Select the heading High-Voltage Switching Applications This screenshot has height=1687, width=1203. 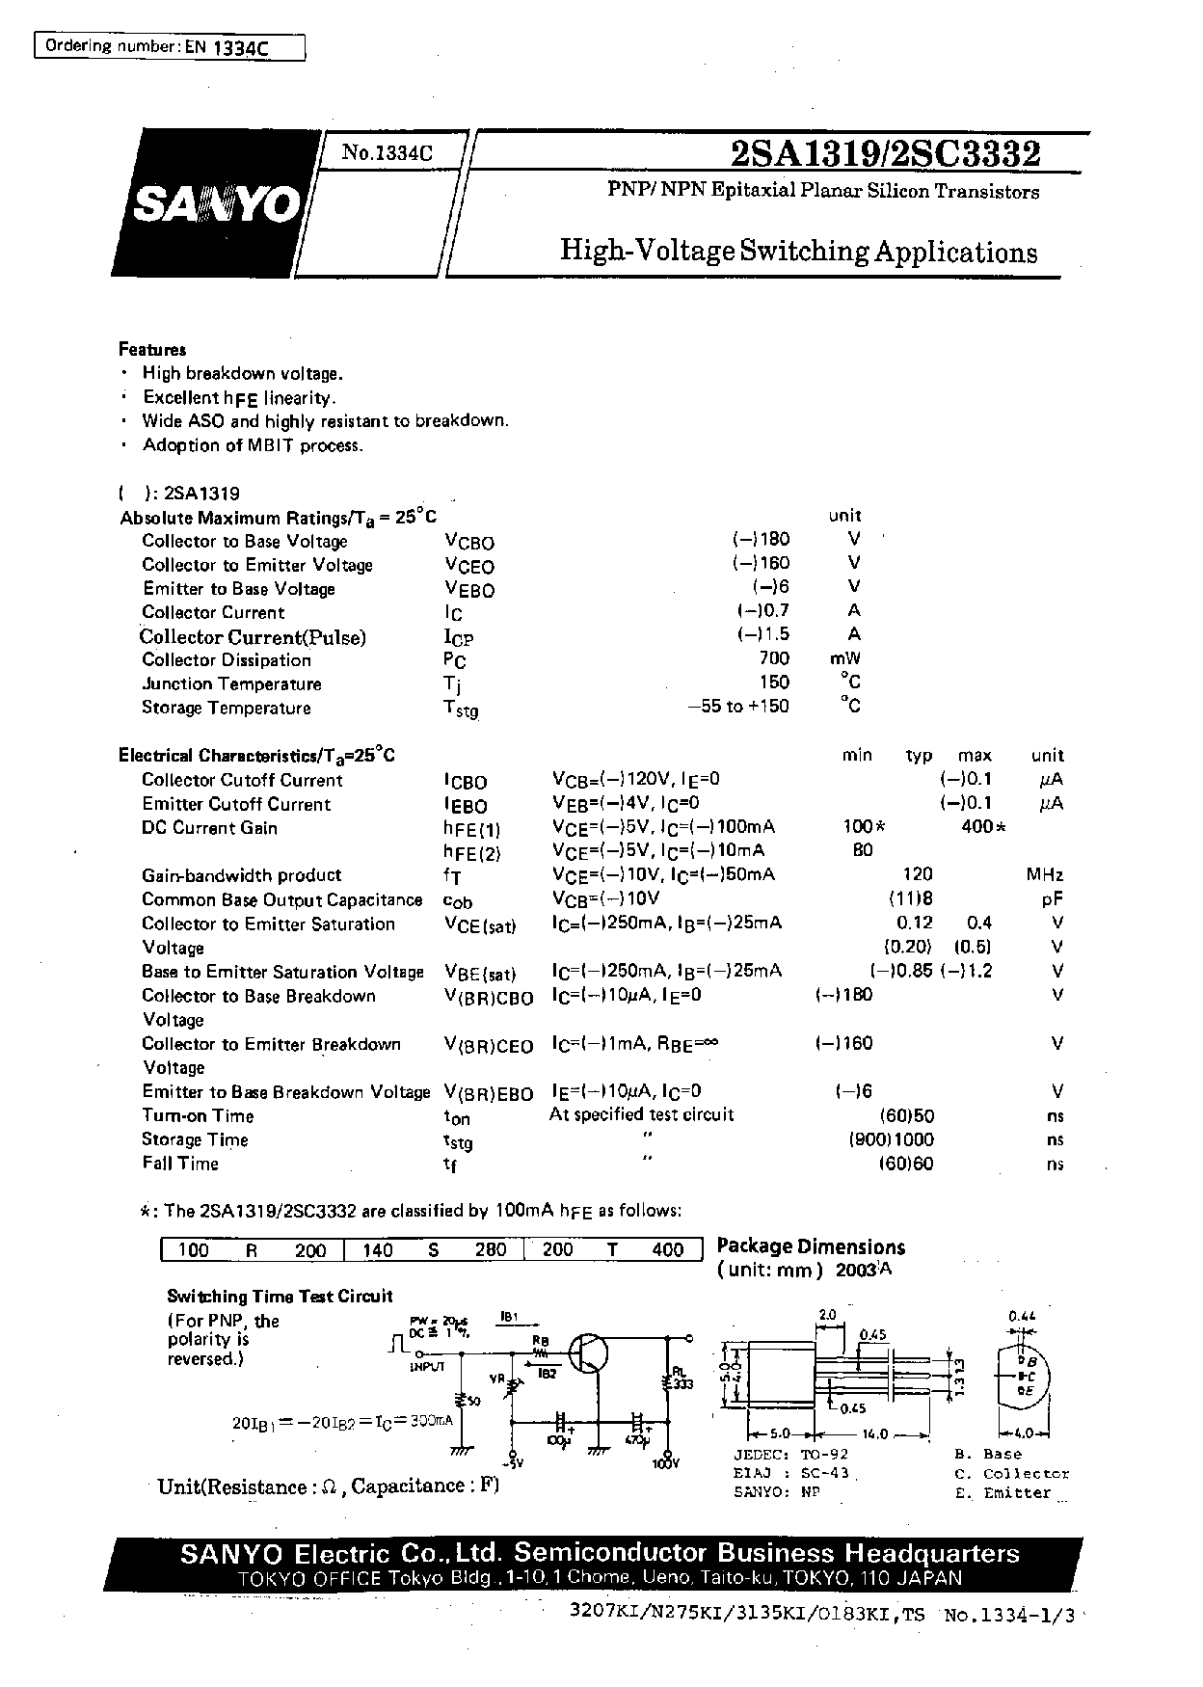(x=799, y=252)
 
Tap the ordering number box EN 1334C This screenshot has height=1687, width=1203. (x=170, y=47)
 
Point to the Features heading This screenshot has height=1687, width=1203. (x=152, y=350)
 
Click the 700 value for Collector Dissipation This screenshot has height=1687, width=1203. (x=773, y=658)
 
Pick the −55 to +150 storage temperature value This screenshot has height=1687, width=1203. (x=737, y=707)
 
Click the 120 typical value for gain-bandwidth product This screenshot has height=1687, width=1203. (x=917, y=874)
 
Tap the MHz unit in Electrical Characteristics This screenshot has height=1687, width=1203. (x=1045, y=875)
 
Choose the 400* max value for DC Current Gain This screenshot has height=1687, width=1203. (x=983, y=827)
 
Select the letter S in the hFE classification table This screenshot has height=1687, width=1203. (x=434, y=1250)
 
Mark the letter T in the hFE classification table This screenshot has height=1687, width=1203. (x=612, y=1250)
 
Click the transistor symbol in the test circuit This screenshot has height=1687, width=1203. (x=585, y=1353)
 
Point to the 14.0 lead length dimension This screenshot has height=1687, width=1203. (x=876, y=1433)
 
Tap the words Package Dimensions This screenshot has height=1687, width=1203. (x=811, y=1246)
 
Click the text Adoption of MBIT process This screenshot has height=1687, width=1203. (x=253, y=445)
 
